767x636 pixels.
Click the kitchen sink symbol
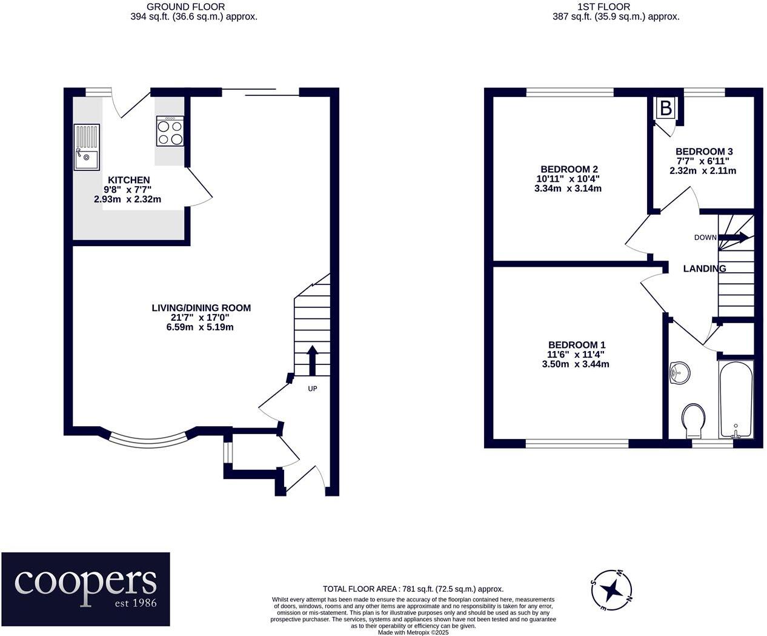point(86,147)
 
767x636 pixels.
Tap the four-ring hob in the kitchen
point(170,131)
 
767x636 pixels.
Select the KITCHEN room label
point(128,180)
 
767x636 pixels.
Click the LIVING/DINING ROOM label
point(201,308)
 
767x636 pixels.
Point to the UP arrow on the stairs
point(312,361)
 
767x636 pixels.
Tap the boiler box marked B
point(665,109)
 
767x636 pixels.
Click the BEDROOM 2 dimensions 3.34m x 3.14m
point(569,189)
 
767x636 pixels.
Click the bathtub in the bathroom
point(736,400)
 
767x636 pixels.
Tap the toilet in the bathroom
point(693,421)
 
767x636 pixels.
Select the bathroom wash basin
point(679,372)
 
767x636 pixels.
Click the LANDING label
point(704,269)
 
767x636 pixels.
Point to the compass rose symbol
point(611,589)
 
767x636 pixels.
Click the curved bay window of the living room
point(149,438)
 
